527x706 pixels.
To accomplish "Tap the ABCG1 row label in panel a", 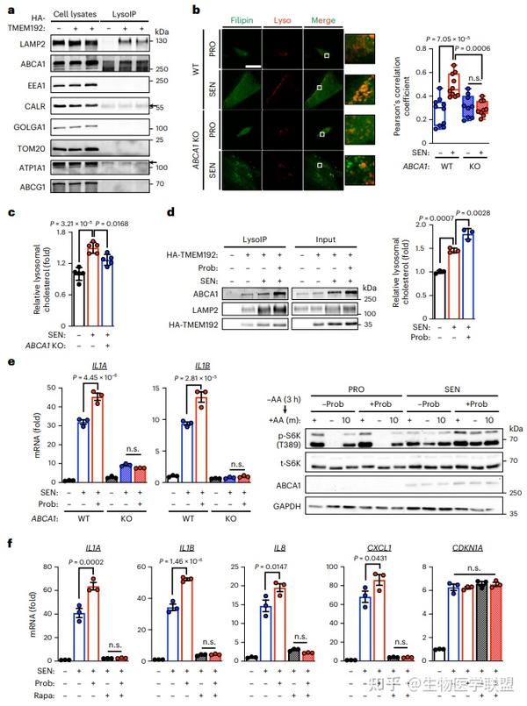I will click(31, 185).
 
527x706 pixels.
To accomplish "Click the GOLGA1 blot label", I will click(31, 125).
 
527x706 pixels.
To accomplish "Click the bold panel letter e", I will click(9, 360).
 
